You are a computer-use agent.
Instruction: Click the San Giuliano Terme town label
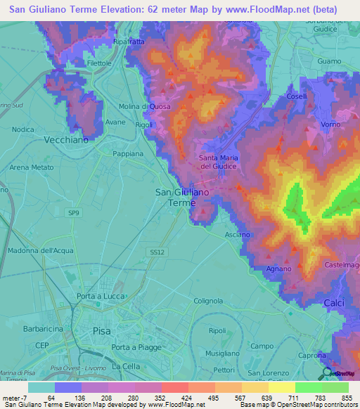coord(181,197)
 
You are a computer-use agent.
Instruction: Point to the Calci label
coord(334,302)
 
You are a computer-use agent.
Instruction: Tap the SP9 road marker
coord(75,212)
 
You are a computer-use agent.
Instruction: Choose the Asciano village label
coord(237,234)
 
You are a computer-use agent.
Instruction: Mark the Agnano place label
coord(278,269)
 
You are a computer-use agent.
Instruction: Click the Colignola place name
coord(208,300)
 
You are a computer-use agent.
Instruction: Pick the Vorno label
coord(330,124)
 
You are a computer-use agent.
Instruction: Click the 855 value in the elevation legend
coord(347,398)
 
